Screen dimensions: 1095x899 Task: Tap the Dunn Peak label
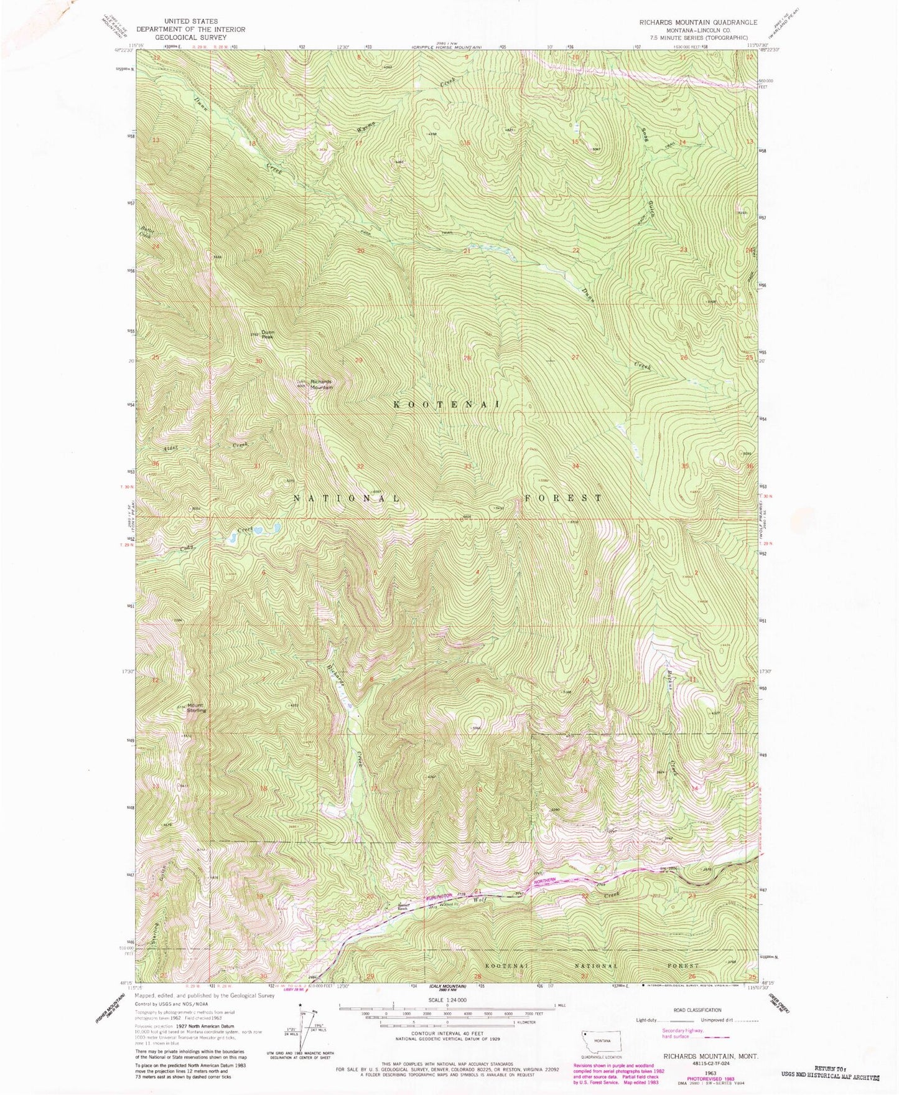pos(268,334)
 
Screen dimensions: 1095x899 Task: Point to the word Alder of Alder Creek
pos(171,449)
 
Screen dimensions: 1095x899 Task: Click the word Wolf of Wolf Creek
pos(479,900)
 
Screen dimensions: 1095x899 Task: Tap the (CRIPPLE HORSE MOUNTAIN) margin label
pos(447,47)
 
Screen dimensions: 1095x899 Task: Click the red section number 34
pos(576,466)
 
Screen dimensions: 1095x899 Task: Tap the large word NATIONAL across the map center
pos(347,499)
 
